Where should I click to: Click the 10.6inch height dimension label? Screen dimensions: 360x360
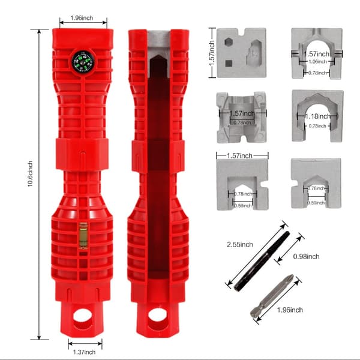pos(30,173)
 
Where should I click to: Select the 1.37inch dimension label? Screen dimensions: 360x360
pos(84,352)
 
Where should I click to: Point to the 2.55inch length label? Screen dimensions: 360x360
pos(240,245)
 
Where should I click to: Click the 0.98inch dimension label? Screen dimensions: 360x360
pos(306,256)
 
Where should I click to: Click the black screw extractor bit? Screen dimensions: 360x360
pos(262,261)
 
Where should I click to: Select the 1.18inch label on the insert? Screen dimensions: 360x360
pos(318,116)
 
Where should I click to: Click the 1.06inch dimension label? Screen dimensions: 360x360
pos(317,62)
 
